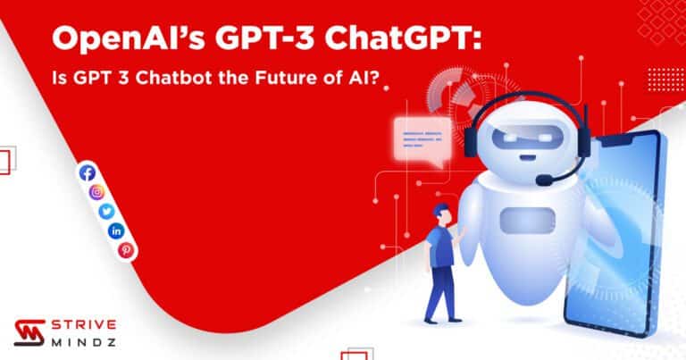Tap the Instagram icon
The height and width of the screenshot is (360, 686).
tap(97, 191)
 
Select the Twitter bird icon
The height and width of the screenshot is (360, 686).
tap(107, 211)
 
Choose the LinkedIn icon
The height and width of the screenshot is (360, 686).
tap(117, 230)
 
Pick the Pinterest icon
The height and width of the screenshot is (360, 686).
tap(126, 250)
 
